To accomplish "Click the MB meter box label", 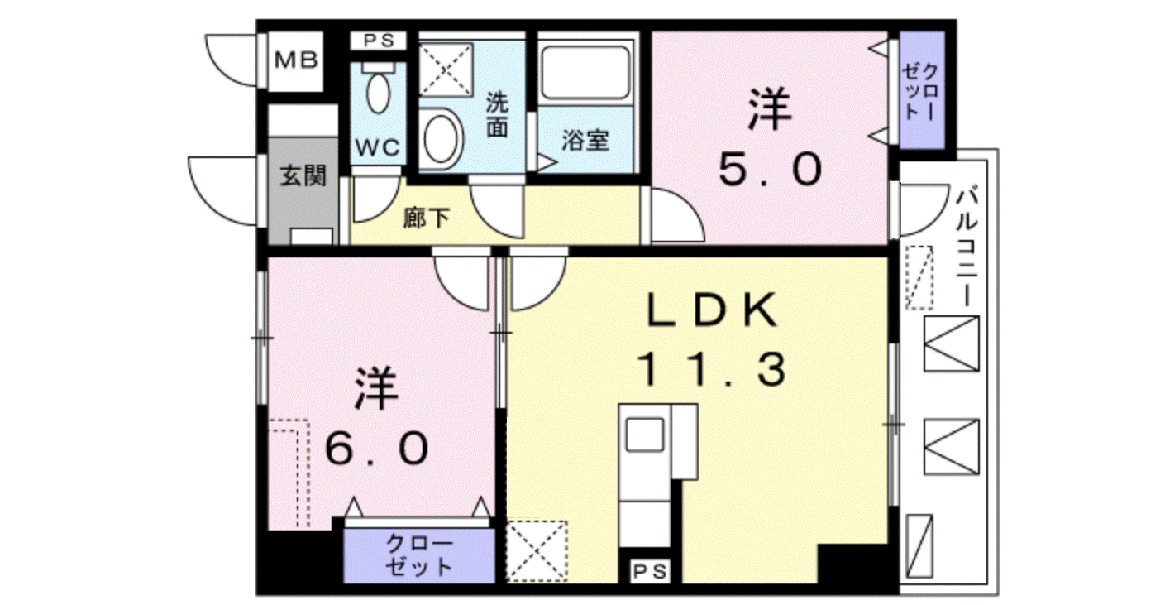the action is coord(296,60).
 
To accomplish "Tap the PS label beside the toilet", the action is coord(378,40).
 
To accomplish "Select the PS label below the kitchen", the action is coord(650,572).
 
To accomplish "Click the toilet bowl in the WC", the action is coord(378,92).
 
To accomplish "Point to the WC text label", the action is coord(378,148).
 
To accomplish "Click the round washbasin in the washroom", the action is coord(441,139).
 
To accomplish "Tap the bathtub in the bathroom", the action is coord(585,73).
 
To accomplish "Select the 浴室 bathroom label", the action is coord(585,141).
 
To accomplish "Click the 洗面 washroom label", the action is coord(497,114).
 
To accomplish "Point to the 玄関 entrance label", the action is coord(303,176).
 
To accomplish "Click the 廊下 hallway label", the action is coord(427,218).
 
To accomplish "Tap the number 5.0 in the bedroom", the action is coord(771,169).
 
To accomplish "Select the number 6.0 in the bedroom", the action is coord(377,449).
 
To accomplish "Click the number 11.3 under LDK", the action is coord(711,368).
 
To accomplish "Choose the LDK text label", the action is coord(713,310).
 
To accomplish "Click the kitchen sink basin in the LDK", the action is coord(644,435).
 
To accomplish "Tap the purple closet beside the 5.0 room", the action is coord(922,90).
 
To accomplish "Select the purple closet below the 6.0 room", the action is coord(419,555).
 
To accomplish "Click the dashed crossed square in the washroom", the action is coord(446,70).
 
